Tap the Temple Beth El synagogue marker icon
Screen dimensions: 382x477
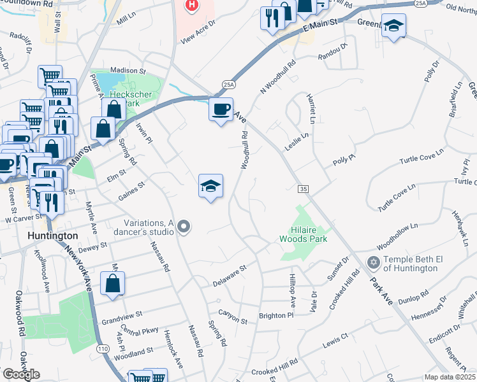[x=373, y=262]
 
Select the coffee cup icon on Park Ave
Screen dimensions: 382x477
[x=221, y=110]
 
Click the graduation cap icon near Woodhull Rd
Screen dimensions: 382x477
[x=210, y=186]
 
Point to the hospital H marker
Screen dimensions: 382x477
[x=191, y=6]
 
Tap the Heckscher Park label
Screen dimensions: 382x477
[x=125, y=99]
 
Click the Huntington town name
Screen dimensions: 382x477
[x=53, y=236]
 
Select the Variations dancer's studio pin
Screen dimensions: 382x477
[x=184, y=227]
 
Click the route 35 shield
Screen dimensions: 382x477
[x=304, y=189]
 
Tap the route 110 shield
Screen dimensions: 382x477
[x=102, y=349]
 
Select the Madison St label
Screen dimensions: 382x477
[x=128, y=71]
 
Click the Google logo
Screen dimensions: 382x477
[x=20, y=374]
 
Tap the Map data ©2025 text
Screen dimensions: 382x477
[x=450, y=377]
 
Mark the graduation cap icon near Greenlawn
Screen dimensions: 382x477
[x=393, y=26]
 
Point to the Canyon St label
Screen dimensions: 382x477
[x=233, y=313]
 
